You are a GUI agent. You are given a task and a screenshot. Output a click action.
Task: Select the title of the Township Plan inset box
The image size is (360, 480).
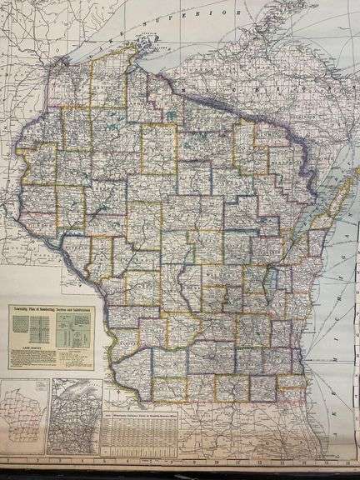click(51, 309)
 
